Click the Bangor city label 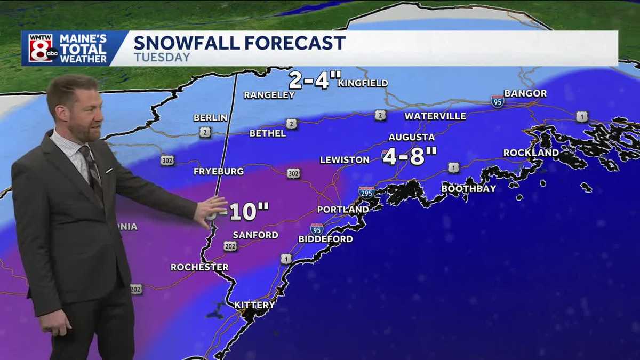pyautogui.click(x=525, y=93)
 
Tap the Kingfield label pyautogui.click(x=363, y=83)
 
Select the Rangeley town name pyautogui.click(x=269, y=95)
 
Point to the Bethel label pyautogui.click(x=268, y=133)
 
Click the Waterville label pyautogui.click(x=435, y=116)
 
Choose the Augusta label pyautogui.click(x=411, y=138)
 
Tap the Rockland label pyautogui.click(x=531, y=153)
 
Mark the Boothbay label pyautogui.click(x=469, y=189)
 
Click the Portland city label pyautogui.click(x=342, y=210)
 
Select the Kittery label pyautogui.click(x=255, y=305)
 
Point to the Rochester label pyautogui.click(x=199, y=267)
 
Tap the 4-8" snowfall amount pyautogui.click(x=410, y=157)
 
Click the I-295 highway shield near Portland pyautogui.click(x=366, y=193)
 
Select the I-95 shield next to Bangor pyautogui.click(x=497, y=101)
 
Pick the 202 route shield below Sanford pyautogui.click(x=230, y=246)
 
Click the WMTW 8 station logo pyautogui.click(x=41, y=49)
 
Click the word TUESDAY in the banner pyautogui.click(x=162, y=57)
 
